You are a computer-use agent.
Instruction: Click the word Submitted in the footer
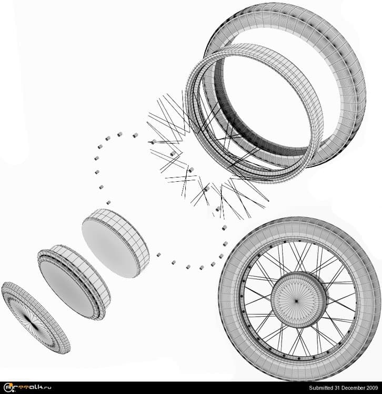coord(320,388)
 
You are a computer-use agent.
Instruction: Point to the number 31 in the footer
coord(336,388)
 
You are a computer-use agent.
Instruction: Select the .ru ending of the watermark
coord(47,387)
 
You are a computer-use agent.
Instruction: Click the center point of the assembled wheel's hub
coord(296,300)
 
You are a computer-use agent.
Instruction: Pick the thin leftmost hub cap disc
coord(36,318)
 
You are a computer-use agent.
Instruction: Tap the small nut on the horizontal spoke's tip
coord(154,142)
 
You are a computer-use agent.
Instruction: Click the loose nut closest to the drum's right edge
coord(158,255)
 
